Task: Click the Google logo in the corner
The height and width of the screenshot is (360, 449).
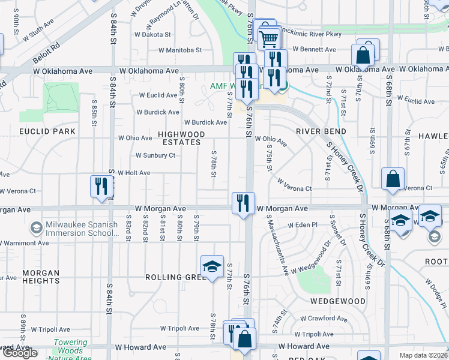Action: pyautogui.click(x=19, y=353)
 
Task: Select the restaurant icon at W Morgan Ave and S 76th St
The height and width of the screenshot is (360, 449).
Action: pyautogui.click(x=243, y=202)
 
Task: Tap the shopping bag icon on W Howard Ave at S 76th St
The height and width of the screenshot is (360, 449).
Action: pyautogui.click(x=245, y=339)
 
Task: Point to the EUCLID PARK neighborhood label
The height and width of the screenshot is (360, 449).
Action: pyautogui.click(x=47, y=131)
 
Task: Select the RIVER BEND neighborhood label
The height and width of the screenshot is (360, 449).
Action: pyautogui.click(x=321, y=131)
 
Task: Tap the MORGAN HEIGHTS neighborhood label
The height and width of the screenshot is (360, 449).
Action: pyautogui.click(x=41, y=277)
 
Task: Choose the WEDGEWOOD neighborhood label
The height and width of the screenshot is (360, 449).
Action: pyautogui.click(x=337, y=301)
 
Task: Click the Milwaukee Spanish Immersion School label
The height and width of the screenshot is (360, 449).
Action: pyautogui.click(x=73, y=229)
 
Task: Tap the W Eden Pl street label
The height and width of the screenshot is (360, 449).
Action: pyautogui.click(x=303, y=225)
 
